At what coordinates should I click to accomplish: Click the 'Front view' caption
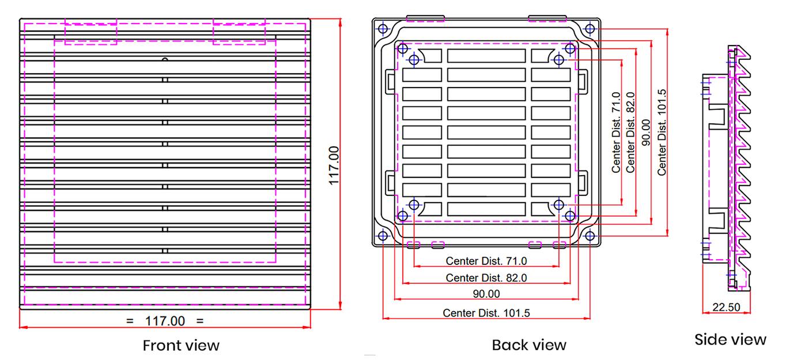[181, 346]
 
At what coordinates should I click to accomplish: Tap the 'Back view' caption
[528, 345]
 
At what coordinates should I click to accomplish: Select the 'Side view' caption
[730, 340]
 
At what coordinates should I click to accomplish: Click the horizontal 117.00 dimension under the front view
[165, 321]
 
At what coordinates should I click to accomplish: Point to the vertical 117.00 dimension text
[334, 165]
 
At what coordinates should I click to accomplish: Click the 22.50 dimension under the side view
[726, 307]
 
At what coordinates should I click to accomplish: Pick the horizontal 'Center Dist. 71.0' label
[486, 261]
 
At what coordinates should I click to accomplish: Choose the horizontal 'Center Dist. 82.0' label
[486, 278]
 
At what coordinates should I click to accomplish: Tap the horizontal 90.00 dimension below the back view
[486, 294]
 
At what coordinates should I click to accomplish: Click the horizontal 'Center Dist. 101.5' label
[486, 313]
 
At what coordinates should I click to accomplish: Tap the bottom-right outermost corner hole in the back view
[590, 236]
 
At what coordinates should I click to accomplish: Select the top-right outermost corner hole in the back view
[590, 28]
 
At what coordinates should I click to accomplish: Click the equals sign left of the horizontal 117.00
[130, 321]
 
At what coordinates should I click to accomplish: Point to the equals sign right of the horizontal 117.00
[200, 321]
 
